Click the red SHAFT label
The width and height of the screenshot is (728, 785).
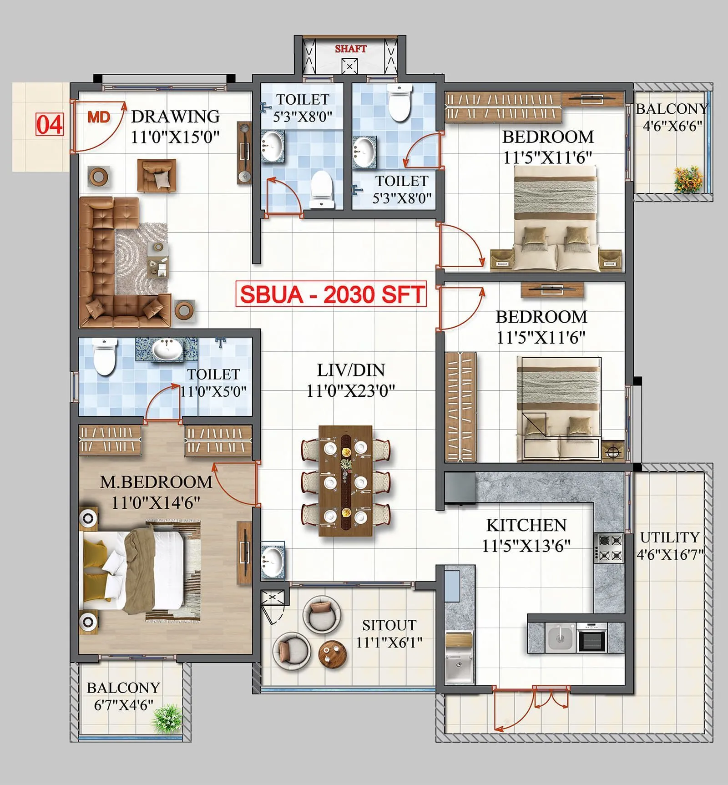(x=350, y=49)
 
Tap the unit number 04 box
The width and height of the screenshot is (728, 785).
(x=49, y=124)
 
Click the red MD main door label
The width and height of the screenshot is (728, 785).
(x=99, y=117)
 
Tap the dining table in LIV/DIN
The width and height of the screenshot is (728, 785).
(x=346, y=480)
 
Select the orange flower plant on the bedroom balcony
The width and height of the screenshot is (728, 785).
(x=688, y=178)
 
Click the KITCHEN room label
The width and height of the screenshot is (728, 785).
(x=526, y=525)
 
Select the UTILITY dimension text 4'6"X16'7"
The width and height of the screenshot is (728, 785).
(x=670, y=555)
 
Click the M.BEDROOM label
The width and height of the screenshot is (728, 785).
(x=156, y=482)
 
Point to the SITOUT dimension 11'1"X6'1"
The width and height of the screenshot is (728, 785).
(x=389, y=643)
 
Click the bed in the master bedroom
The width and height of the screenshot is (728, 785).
(x=136, y=572)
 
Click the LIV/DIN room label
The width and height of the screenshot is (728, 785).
(x=351, y=370)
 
